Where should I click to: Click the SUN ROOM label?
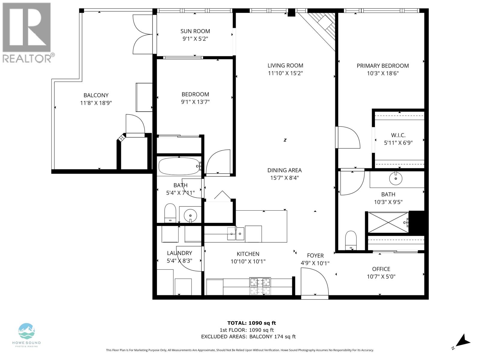(x=195, y=31)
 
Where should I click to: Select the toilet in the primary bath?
(x=350, y=240)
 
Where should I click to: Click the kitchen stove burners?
(x=260, y=286)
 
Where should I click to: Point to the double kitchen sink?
(x=235, y=233)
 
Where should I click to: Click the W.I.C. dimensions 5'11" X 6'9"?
(x=398, y=143)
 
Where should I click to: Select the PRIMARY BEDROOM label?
(x=382, y=66)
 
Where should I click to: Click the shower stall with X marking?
(x=388, y=222)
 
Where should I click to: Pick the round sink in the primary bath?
(x=396, y=179)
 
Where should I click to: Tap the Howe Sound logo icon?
(x=26, y=331)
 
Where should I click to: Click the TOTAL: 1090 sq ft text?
(x=251, y=323)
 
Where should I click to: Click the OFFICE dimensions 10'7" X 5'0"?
(x=381, y=277)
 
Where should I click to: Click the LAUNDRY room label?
(x=179, y=253)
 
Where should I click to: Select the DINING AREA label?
(x=284, y=170)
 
